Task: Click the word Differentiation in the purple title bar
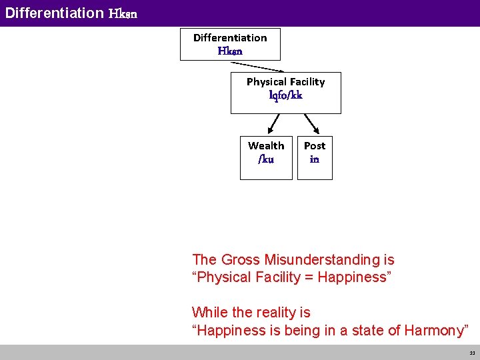[54, 13]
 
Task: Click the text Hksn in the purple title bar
[123, 13]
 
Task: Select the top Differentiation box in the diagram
[230, 44]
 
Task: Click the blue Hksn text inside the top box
[230, 51]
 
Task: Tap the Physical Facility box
[285, 93]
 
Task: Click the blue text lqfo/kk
[285, 95]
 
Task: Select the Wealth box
[266, 157]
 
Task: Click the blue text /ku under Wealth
[265, 159]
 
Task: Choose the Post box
[315, 157]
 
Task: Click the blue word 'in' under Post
[315, 159]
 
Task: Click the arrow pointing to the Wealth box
[273, 124]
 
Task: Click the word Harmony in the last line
[434, 330]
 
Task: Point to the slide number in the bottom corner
[471, 353]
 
